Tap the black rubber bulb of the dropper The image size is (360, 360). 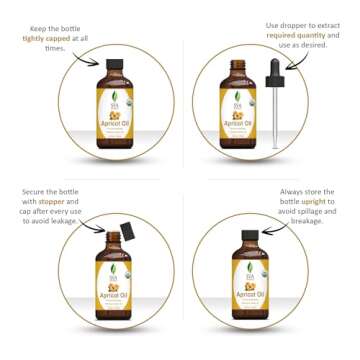point(276,70)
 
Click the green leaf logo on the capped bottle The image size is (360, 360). point(113,97)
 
